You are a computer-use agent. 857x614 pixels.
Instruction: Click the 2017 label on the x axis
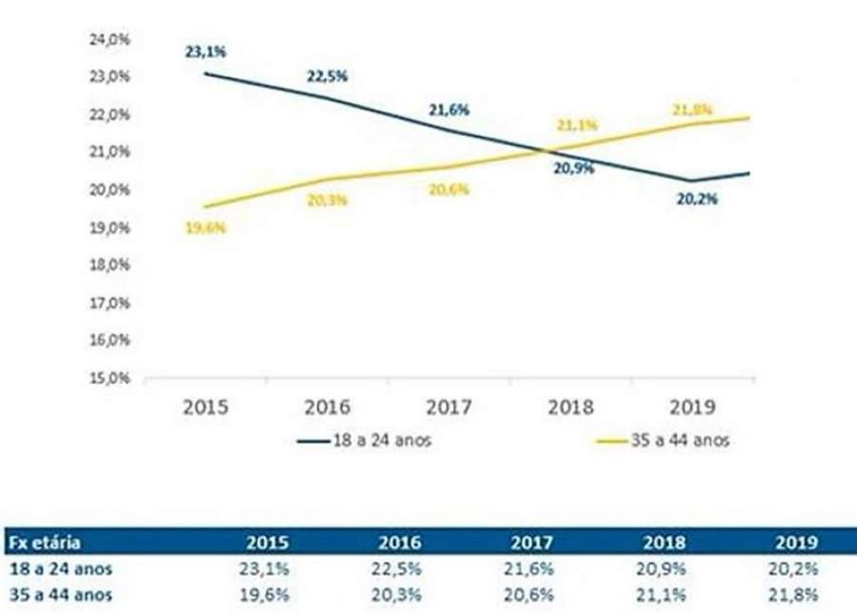[x=448, y=407]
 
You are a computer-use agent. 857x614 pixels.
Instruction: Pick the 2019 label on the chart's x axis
[x=692, y=407]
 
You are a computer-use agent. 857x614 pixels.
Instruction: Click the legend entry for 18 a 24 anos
[x=364, y=441]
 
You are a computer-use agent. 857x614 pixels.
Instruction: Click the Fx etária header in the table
[x=44, y=544]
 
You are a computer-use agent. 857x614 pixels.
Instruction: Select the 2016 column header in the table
[x=400, y=544]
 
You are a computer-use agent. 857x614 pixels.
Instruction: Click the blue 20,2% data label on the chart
[x=697, y=200]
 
